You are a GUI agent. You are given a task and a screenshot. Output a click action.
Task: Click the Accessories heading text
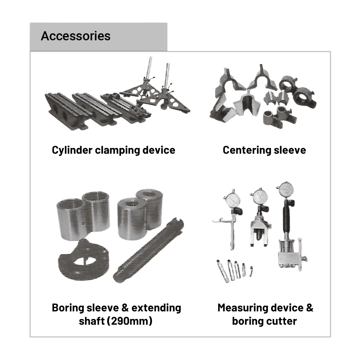pos(76,36)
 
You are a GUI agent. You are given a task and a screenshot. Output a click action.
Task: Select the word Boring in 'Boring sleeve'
pos(67,308)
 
